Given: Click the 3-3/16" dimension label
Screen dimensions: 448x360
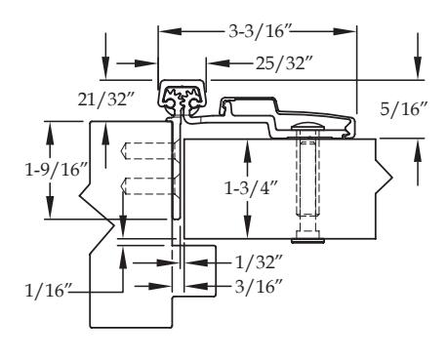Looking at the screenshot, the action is (260, 32).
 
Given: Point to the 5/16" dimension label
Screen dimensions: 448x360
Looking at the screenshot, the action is (403, 109).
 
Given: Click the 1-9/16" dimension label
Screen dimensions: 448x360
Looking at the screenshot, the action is (57, 170).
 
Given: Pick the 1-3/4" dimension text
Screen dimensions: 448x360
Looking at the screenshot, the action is (251, 187).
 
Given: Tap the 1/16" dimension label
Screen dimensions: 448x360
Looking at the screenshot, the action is (49, 291).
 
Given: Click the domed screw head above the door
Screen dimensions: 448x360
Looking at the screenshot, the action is (307, 126).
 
